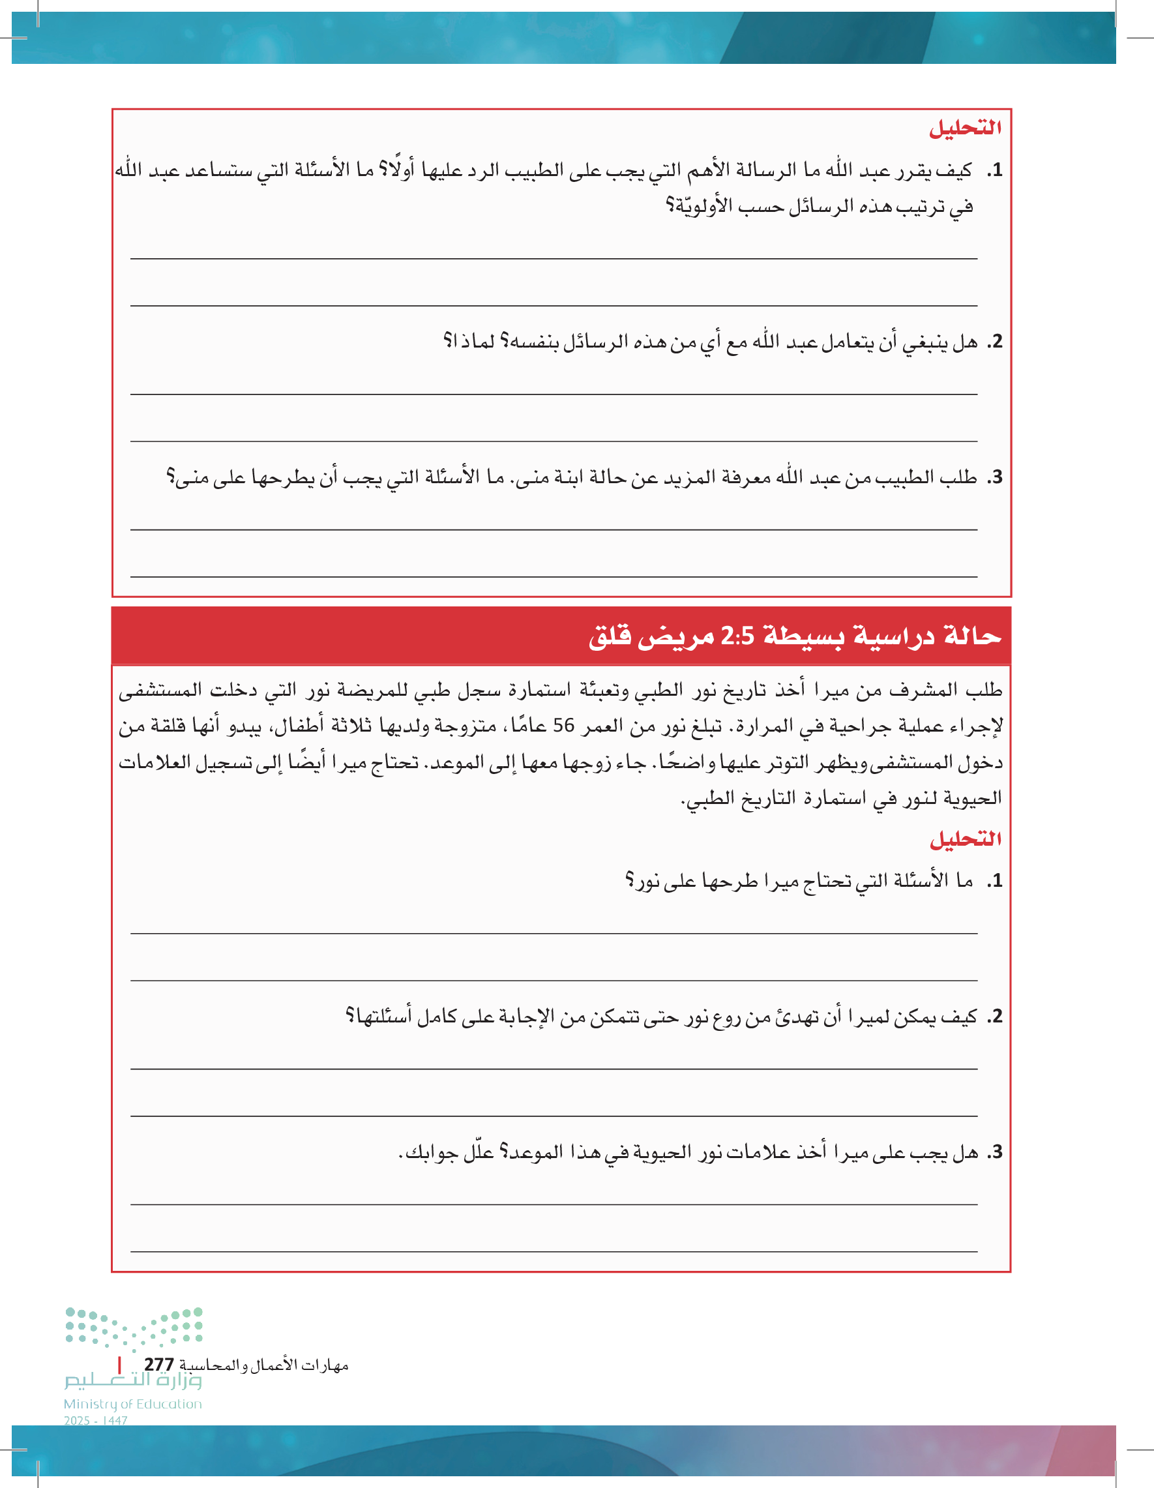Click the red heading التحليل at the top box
(x=966, y=128)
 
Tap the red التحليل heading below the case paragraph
(x=966, y=839)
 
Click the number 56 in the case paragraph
(x=563, y=726)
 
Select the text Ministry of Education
(x=133, y=1404)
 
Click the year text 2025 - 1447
(x=96, y=1421)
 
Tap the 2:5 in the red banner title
(x=738, y=636)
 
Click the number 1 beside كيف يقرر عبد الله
(x=996, y=170)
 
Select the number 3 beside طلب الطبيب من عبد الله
(x=996, y=477)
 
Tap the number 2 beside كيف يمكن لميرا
(x=996, y=1017)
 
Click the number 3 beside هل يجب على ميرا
(x=996, y=1152)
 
